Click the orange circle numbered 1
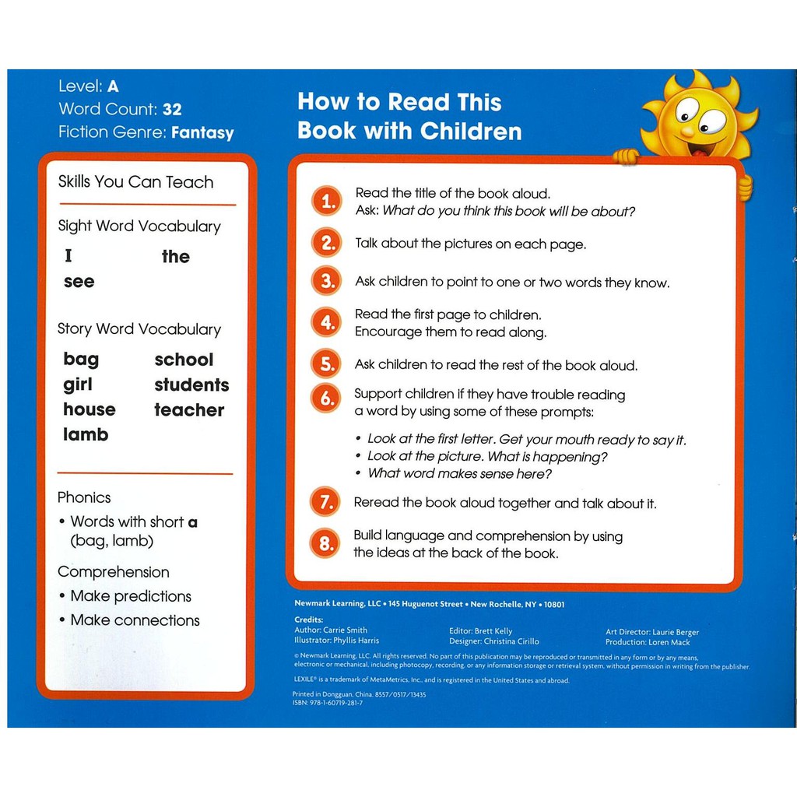click(x=327, y=202)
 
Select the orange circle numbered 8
click(x=325, y=543)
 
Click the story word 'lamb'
click(x=86, y=434)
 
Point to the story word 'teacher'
click(x=189, y=410)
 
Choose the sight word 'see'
click(x=79, y=282)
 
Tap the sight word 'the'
click(x=176, y=257)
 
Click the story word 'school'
click(x=184, y=360)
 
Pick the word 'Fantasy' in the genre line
click(x=202, y=132)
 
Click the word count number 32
click(x=172, y=110)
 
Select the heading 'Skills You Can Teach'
click(x=135, y=182)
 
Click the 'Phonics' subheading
click(x=84, y=497)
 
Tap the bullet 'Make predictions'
click(x=131, y=596)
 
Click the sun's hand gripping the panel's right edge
click(x=745, y=187)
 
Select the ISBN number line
click(x=328, y=703)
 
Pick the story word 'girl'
click(x=78, y=384)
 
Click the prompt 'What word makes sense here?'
click(x=459, y=473)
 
